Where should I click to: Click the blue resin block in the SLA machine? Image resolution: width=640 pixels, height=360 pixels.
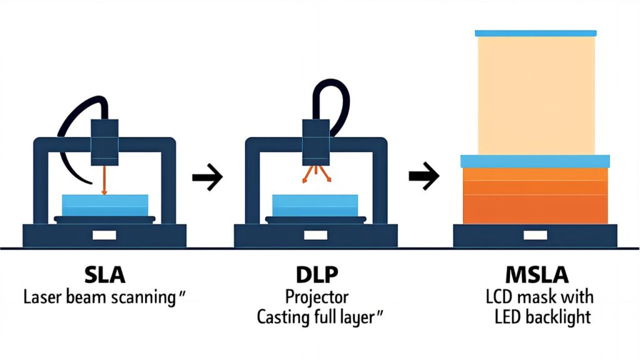point(105,205)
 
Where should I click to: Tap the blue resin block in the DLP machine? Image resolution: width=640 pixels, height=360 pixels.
point(316,205)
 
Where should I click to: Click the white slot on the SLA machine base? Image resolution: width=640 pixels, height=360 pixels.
point(104,236)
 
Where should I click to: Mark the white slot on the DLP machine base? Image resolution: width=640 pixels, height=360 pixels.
point(316,236)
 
